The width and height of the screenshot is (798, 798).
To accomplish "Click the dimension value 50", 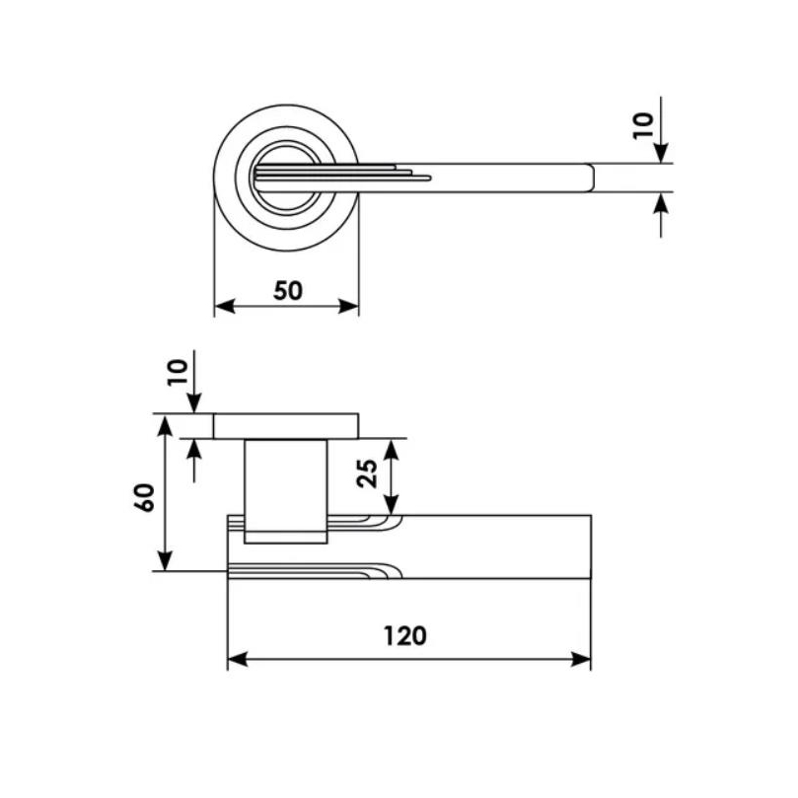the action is tap(288, 291).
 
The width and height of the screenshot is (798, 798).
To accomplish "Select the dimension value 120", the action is tap(404, 636).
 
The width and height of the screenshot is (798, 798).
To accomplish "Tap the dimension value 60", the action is tap(145, 498).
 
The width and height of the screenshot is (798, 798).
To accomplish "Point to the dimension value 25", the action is tap(367, 473).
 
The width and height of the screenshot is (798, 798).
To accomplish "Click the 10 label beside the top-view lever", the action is tap(643, 125).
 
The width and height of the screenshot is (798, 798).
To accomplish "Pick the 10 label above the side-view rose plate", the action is tap(178, 373).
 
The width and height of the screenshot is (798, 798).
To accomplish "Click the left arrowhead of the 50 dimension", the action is tap(225, 307).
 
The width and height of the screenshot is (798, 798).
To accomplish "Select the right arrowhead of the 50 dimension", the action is tap(349, 307).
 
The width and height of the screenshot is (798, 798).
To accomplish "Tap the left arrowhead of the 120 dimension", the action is tap(237, 660).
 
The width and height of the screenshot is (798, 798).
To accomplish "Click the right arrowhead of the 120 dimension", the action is tap(581, 660).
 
